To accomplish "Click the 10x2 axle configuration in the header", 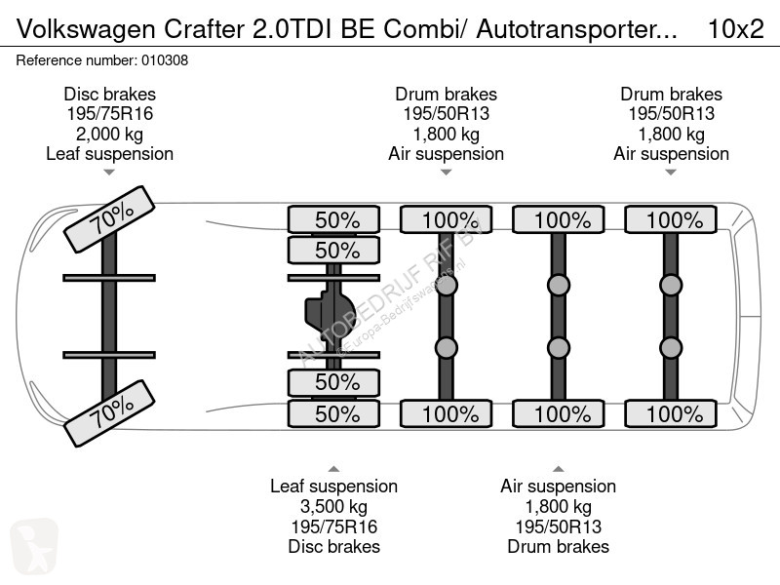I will coord(734,29).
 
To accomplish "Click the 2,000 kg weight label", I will coord(109,134).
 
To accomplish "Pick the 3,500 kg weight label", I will coord(333,506).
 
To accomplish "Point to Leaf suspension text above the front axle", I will coord(109,154).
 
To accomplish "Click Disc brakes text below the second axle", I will coord(333,546).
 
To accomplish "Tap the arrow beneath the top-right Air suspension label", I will coord(671,173).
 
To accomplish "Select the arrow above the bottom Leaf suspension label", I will coord(333,468).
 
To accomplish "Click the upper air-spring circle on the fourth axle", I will coord(558,285).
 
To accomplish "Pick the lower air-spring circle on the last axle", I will coord(670,348).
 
